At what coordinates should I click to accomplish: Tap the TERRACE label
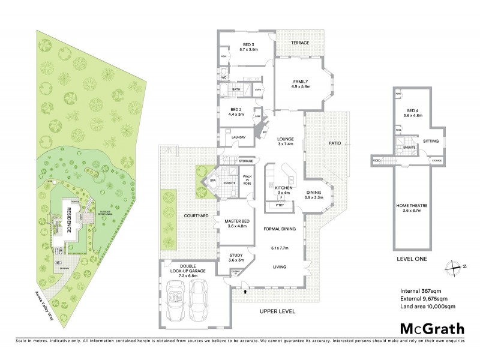(x=300, y=43)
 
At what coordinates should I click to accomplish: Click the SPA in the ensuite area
(x=212, y=180)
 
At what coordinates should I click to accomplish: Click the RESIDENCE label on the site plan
(x=68, y=218)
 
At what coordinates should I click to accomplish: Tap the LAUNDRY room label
(x=231, y=137)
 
